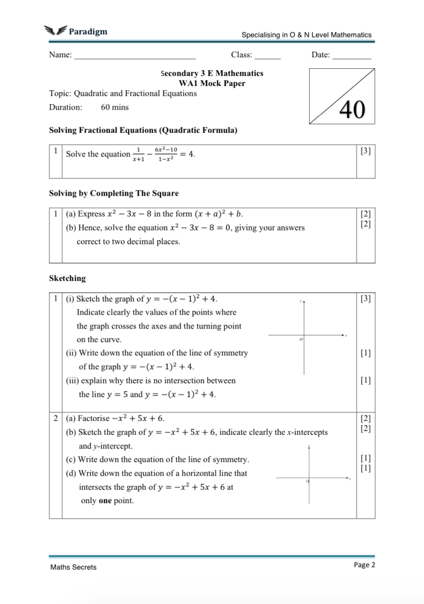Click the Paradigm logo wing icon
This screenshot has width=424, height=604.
tap(55, 31)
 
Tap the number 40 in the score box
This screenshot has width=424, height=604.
tap(352, 110)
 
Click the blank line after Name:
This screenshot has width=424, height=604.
tap(135, 56)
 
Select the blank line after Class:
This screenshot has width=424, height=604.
tap(267, 56)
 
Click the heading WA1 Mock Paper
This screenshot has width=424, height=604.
tap(211, 83)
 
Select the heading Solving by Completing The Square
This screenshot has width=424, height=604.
tap(114, 193)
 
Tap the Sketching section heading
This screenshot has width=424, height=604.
tap(67, 278)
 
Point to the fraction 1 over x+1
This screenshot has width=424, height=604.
tap(139, 154)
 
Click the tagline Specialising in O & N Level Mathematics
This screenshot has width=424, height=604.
tap(306, 35)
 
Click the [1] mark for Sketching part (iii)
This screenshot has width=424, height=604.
tap(365, 380)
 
